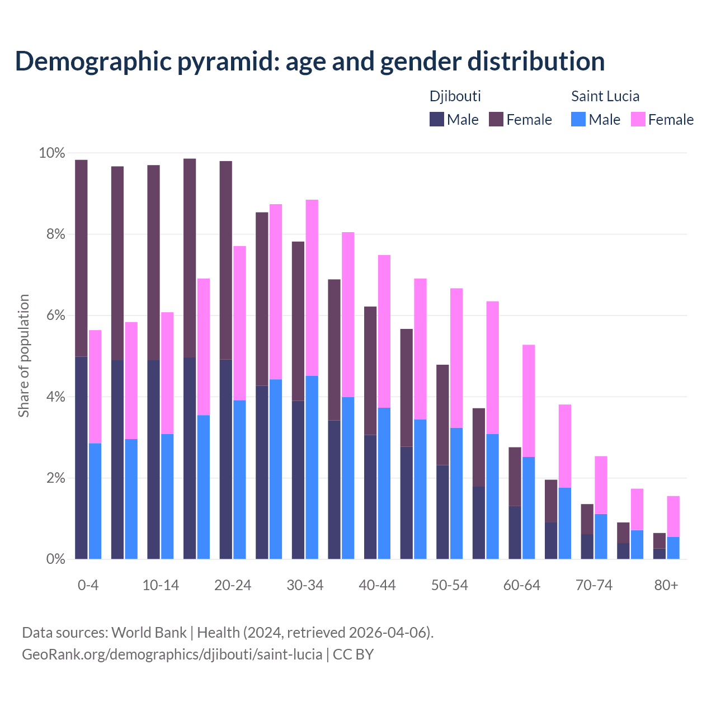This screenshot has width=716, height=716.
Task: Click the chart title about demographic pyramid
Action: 309,62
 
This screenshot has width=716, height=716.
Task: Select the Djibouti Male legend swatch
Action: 437,119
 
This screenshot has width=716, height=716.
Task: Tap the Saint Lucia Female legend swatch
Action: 638,119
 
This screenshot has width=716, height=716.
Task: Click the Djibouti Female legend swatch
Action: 496,119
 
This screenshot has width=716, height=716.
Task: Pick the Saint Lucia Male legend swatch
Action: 578,119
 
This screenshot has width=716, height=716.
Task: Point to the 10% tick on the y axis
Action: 51,153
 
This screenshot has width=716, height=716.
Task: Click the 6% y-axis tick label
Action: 55,315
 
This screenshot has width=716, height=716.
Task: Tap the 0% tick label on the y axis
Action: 55,559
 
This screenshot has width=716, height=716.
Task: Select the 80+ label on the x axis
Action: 666,585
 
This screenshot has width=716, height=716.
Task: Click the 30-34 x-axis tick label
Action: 305,585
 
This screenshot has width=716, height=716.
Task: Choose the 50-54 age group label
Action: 449,585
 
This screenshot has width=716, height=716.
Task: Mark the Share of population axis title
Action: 23,356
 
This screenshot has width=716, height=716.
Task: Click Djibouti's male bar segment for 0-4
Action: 81,458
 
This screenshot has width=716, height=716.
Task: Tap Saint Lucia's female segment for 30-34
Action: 312,288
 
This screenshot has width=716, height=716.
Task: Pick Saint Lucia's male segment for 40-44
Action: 384,483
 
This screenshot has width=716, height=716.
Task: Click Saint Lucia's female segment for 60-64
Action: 529,401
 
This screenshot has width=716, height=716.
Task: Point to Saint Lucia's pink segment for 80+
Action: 673,516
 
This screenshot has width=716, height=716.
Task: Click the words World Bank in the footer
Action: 149,633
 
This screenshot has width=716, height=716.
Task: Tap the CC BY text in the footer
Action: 353,654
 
